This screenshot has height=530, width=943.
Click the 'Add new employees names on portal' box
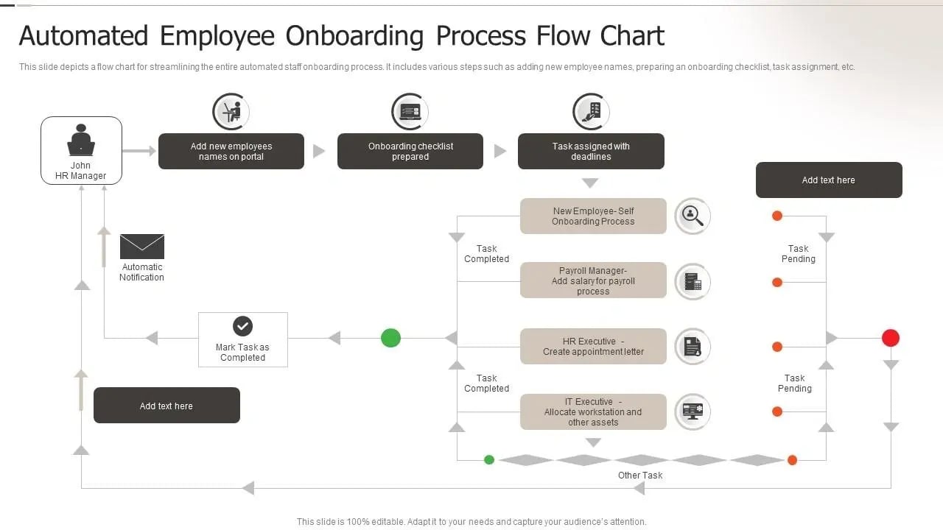[x=231, y=152]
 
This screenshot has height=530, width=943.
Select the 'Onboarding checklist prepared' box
[x=410, y=152]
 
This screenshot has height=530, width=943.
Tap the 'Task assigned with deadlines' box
[x=591, y=152]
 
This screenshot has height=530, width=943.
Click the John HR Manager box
[x=81, y=150]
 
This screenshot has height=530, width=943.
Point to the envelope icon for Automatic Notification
[x=142, y=247]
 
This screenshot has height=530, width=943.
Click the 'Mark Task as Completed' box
[x=242, y=339]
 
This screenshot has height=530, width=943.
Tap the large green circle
[x=390, y=338]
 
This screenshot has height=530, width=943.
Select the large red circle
[x=891, y=338]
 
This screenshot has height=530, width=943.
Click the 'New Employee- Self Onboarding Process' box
[x=593, y=216]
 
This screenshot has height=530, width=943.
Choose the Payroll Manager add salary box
[x=593, y=280]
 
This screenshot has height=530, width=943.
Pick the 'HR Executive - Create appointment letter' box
[x=593, y=347]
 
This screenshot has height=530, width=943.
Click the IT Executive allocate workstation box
[x=593, y=412]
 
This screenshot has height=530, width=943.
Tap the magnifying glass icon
[x=693, y=216]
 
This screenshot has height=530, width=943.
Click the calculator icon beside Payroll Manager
[x=693, y=281]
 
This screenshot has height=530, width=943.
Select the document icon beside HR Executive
[x=693, y=347]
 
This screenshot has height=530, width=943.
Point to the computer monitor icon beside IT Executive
[x=693, y=411]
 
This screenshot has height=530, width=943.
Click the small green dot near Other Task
[x=489, y=460]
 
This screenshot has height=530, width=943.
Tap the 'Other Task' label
[x=640, y=476]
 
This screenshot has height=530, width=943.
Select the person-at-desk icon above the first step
[x=231, y=112]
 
